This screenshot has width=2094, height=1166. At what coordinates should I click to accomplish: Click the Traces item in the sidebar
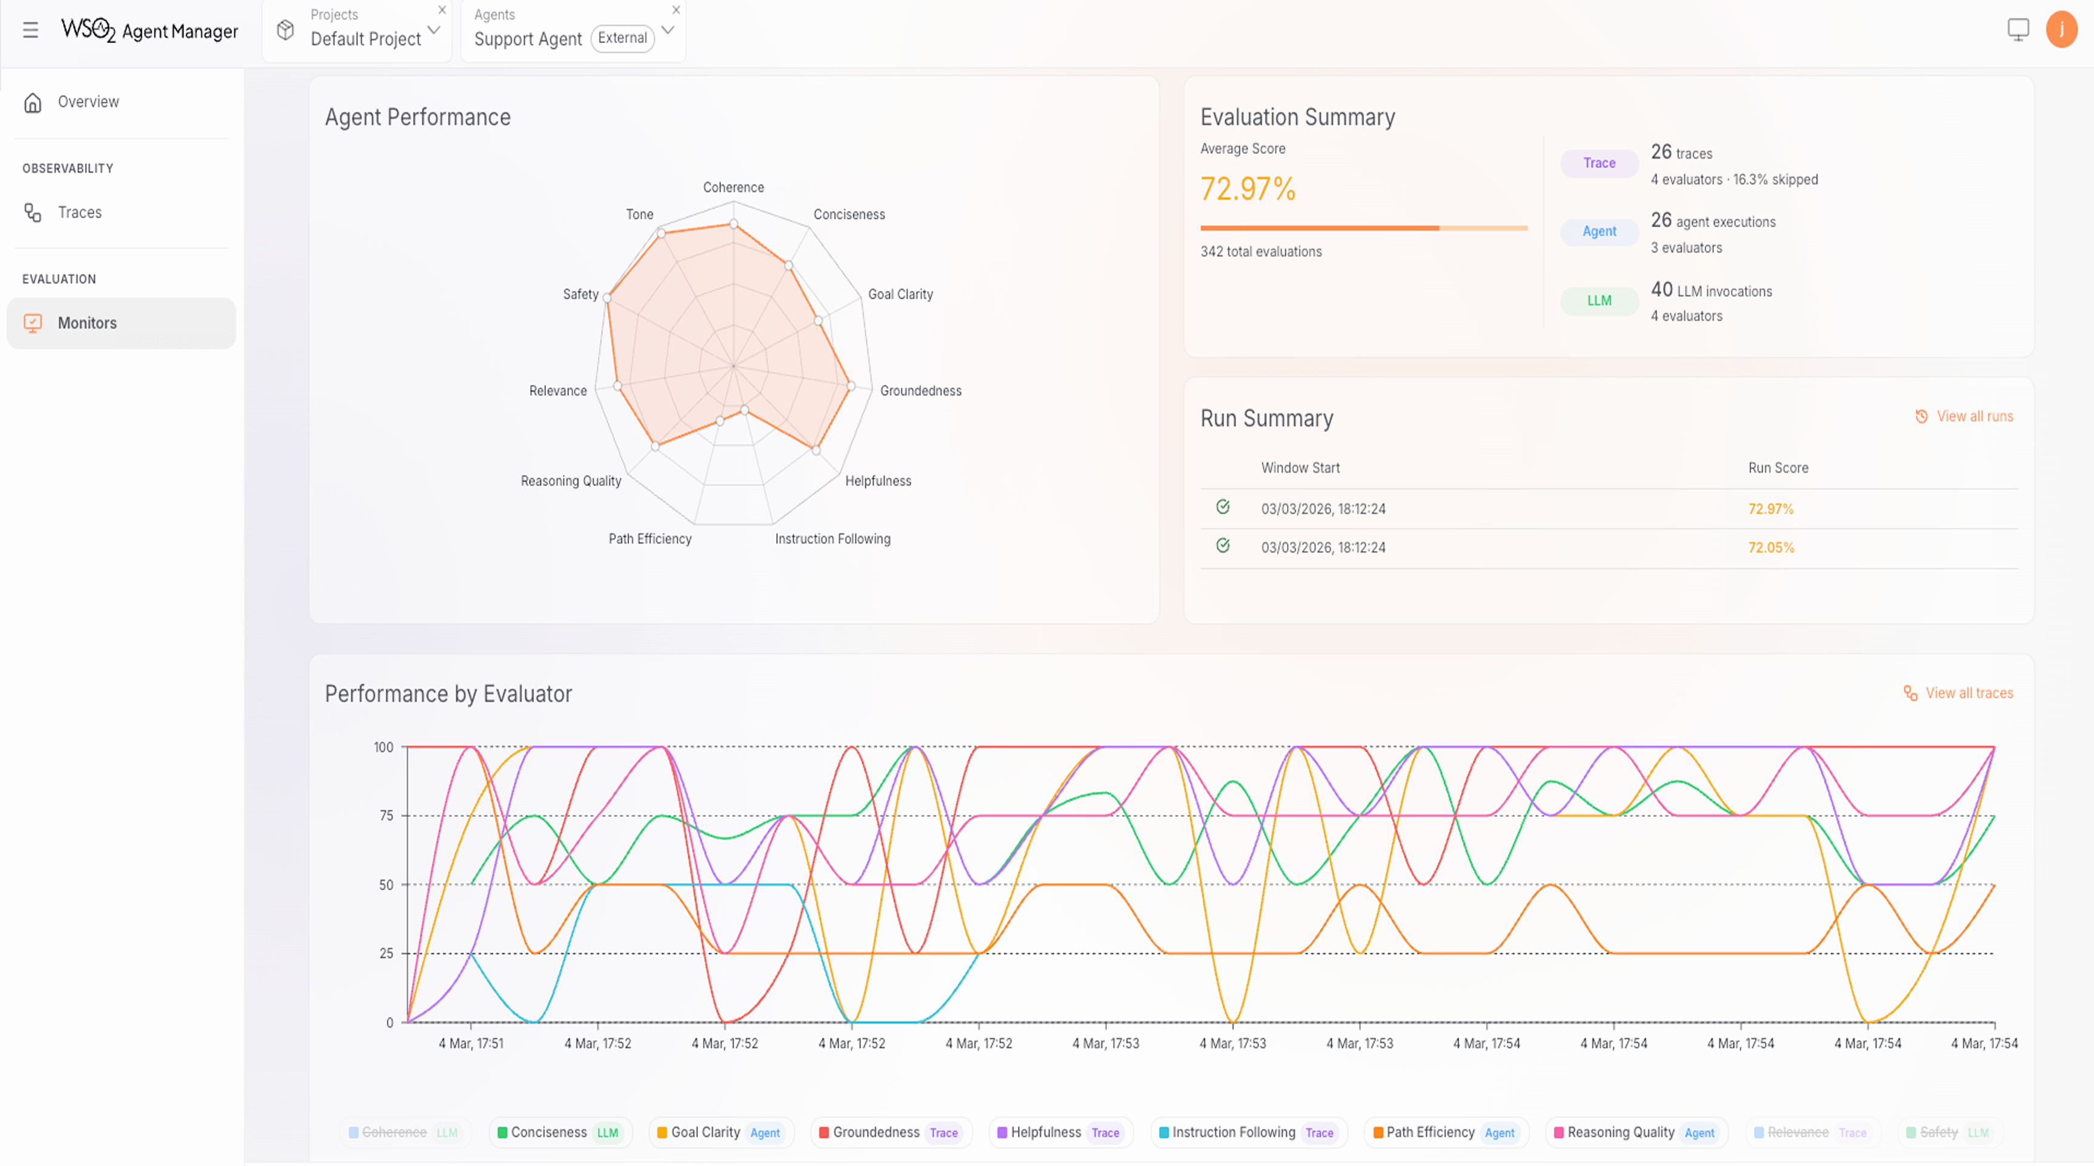tap(79, 212)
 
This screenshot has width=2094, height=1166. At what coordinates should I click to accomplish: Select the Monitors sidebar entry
tap(87, 323)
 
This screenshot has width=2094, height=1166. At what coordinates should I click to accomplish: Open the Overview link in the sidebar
tap(88, 102)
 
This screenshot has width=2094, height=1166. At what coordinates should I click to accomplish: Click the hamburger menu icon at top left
tap(31, 31)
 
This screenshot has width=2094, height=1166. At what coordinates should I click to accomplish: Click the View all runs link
tap(1973, 416)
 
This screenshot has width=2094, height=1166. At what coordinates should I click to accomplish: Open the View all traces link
tap(1968, 693)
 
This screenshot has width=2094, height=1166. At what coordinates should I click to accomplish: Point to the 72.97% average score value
tap(1248, 188)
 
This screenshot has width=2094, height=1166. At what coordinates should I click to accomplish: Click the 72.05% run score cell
tap(1770, 547)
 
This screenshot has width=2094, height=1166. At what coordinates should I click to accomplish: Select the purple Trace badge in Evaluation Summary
tap(1598, 162)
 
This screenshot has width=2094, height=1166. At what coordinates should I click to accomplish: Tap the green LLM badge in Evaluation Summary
tap(1598, 301)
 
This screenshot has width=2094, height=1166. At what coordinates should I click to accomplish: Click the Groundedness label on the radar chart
tap(920, 391)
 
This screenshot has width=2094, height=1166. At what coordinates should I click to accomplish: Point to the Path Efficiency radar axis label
tap(650, 539)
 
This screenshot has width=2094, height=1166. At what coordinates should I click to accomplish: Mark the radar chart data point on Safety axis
tap(607, 298)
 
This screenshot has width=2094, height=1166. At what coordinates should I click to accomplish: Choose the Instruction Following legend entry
tap(1233, 1132)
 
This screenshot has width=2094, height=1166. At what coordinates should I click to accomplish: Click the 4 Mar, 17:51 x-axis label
tap(471, 1043)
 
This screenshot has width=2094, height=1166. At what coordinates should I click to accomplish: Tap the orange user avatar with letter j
tap(2061, 30)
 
